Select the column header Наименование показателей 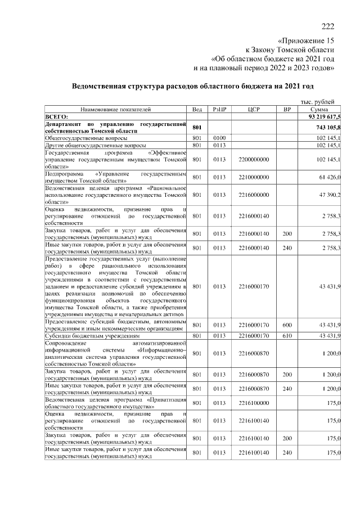click(x=115, y=109)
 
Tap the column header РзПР click(x=219, y=109)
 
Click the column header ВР click(x=287, y=109)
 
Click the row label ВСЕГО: click(x=56, y=116)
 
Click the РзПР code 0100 click(x=219, y=137)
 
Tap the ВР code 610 click(x=287, y=335)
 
